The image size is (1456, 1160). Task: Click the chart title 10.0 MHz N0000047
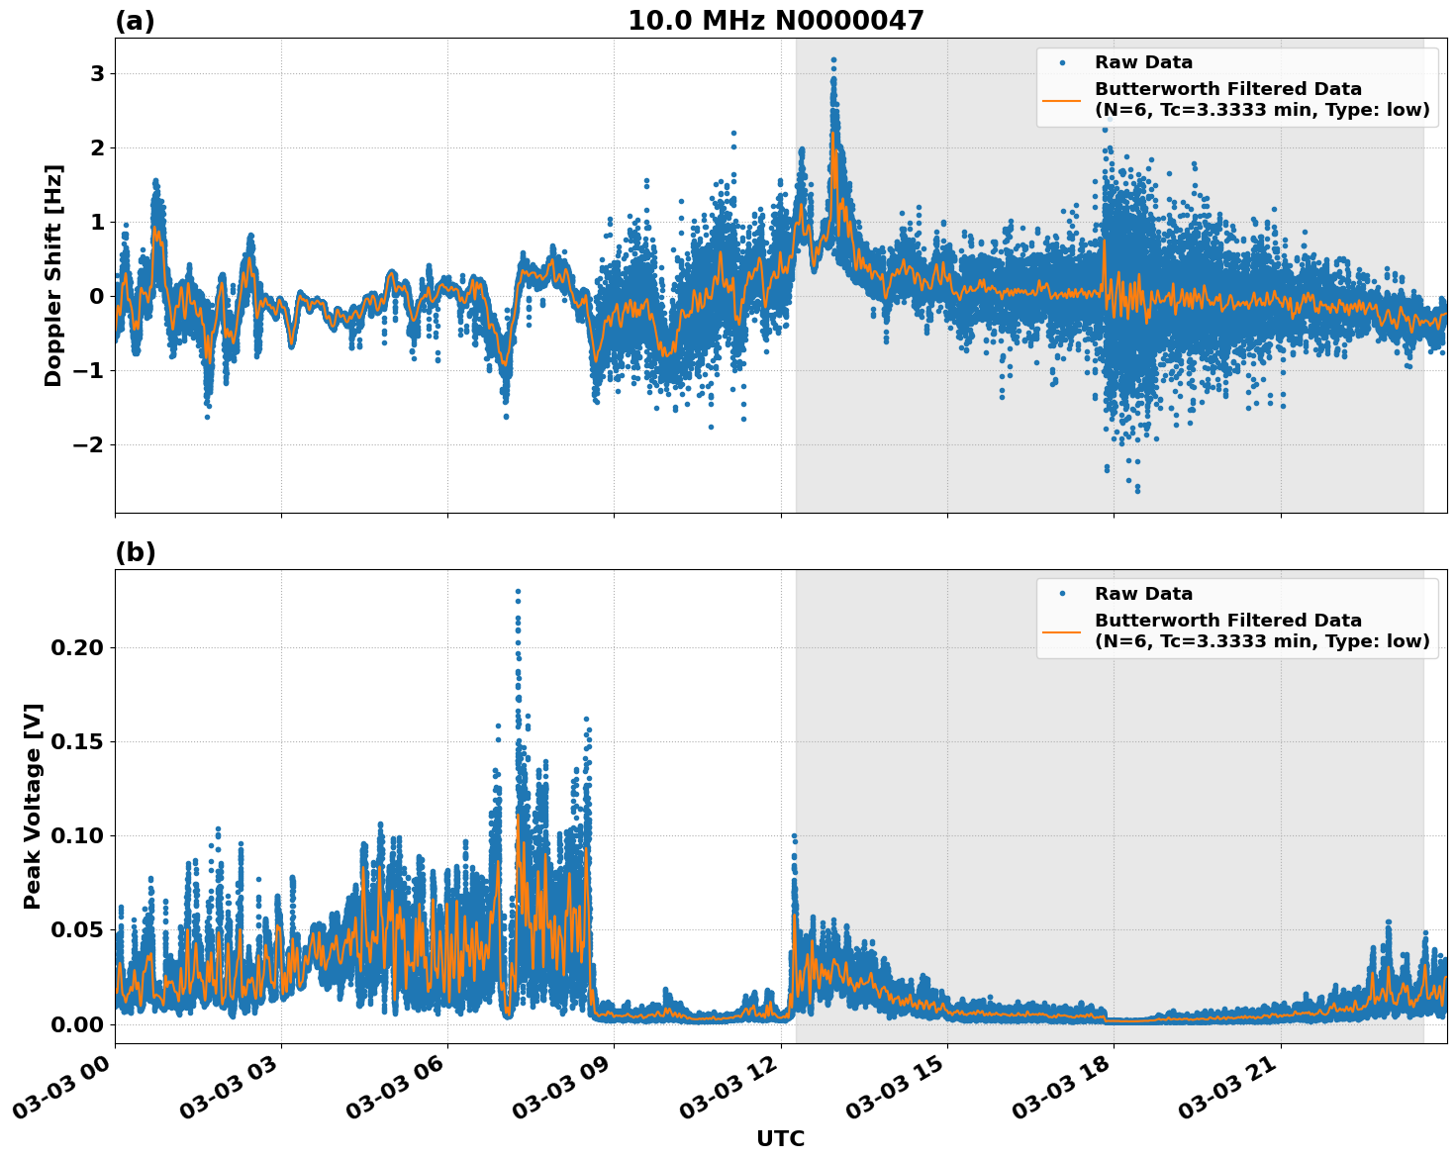775,20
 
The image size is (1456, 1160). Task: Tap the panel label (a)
135,21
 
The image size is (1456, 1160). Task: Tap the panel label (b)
135,552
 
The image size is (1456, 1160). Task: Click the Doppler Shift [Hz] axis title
53,275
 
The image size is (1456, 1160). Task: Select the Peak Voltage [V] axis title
33,806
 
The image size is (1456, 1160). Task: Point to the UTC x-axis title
780,1138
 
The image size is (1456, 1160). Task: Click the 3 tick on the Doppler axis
97,74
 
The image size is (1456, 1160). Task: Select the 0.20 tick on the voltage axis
76,647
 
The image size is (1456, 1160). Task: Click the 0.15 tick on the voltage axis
76,741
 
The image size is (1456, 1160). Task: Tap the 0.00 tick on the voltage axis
76,1024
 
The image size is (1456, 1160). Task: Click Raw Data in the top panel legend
1143,62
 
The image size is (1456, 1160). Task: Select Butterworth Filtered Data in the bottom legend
1227,621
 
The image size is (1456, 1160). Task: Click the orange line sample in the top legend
1061,100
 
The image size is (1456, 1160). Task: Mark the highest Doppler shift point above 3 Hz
833,60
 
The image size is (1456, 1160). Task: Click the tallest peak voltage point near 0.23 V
518,592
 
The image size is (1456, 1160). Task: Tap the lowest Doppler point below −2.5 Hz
1137,490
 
